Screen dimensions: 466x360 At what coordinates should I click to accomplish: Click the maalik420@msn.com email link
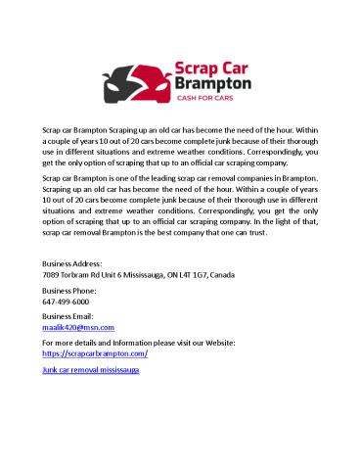[x=79, y=327]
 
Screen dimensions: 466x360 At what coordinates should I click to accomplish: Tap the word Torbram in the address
[x=80, y=276]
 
